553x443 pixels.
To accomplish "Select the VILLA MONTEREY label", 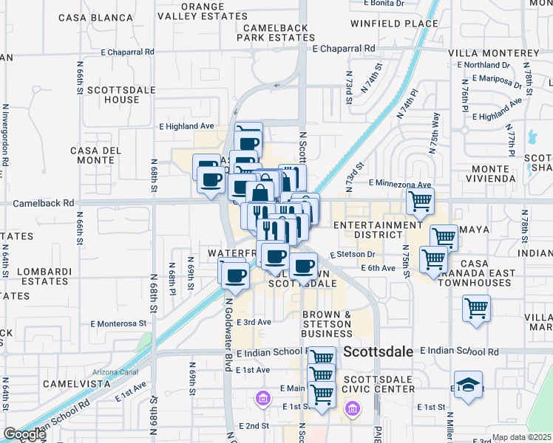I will pyautogui.click(x=494, y=53).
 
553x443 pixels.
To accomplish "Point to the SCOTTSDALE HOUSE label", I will pyautogui.click(x=113, y=95).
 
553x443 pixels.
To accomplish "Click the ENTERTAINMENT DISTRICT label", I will pyautogui.click(x=377, y=230).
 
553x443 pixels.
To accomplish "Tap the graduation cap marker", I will pyautogui.click(x=468, y=385).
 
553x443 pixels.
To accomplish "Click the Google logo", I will pyautogui.click(x=24, y=434).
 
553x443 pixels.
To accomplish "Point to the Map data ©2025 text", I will pyautogui.click(x=521, y=438).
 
